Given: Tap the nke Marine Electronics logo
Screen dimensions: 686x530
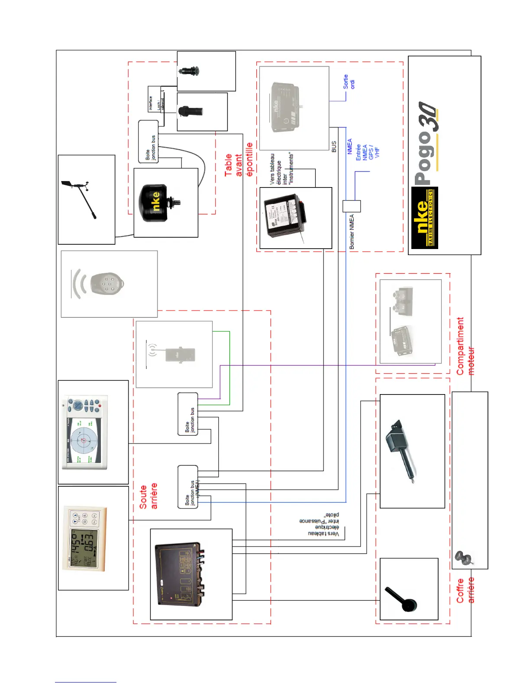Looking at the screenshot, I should [424, 218].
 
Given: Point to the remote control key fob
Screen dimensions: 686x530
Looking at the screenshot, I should [106, 284].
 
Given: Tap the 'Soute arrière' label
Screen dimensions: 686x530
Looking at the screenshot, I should [148, 496].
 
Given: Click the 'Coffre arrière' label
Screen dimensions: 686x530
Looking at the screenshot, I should [465, 590].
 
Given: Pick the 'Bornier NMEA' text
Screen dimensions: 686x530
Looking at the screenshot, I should [352, 232].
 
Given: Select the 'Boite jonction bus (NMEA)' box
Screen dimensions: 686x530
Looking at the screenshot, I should [188, 487].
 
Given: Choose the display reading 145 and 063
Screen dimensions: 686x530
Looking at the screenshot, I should [84, 537].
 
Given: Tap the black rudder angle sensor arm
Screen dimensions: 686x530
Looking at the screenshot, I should [402, 599].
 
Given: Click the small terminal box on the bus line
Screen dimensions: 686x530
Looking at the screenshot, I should [352, 206].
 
